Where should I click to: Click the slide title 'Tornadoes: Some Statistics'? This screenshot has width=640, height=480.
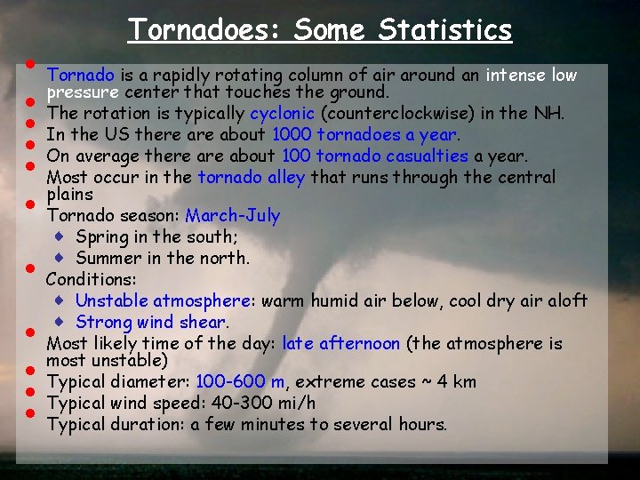coord(320,29)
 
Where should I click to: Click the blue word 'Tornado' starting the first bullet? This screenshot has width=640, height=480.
coord(80,76)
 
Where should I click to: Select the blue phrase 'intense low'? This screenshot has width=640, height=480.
coord(532,76)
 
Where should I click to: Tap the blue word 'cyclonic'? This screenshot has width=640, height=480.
coord(282,114)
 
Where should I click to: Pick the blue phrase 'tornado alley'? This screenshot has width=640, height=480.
coord(252,177)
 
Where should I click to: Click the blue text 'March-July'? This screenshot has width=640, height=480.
coord(232,216)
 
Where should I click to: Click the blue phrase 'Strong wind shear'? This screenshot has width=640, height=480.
coord(150,322)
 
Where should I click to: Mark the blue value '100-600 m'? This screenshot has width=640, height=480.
coord(241,382)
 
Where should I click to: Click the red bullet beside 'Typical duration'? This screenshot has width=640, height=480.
coord(29,413)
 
